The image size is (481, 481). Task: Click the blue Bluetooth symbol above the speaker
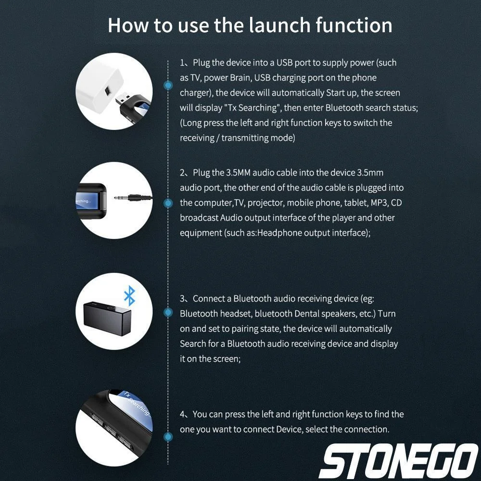129,295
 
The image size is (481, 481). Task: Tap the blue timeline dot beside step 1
168,86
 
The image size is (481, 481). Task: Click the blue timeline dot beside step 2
168,203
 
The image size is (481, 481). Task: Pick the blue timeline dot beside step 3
168,313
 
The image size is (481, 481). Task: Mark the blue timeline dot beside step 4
168,437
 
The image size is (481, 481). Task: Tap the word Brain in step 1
238,77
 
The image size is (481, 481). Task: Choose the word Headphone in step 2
278,233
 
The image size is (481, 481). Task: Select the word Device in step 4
289,429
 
